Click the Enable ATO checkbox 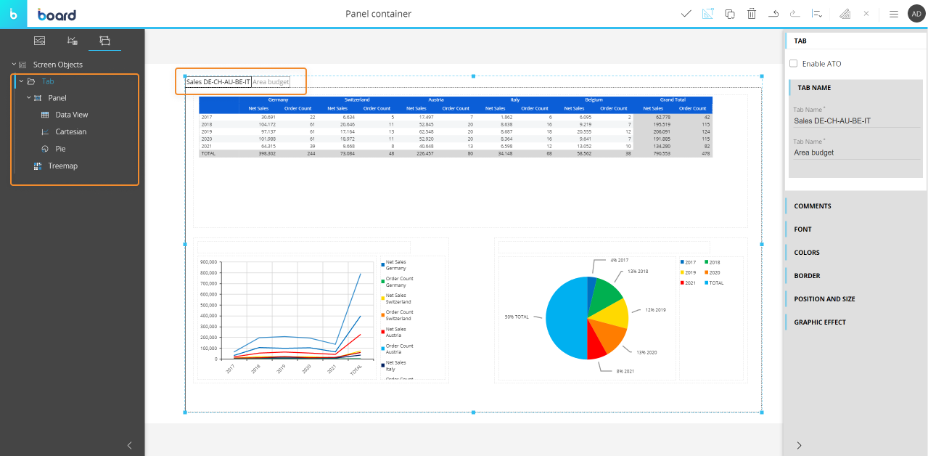point(793,64)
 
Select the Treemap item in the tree point(62,166)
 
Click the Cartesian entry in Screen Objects point(70,132)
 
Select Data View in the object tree point(71,115)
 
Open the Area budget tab point(271,82)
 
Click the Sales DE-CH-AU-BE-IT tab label point(218,82)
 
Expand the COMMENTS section point(813,206)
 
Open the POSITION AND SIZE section point(824,299)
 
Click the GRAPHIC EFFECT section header point(820,322)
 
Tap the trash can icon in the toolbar point(752,14)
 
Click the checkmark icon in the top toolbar point(686,14)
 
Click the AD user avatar point(916,14)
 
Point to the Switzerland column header point(357,99)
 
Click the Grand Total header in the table point(673,99)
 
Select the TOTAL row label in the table point(208,154)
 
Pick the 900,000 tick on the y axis point(208,261)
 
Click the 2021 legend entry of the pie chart point(689,282)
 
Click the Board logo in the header point(57,15)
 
